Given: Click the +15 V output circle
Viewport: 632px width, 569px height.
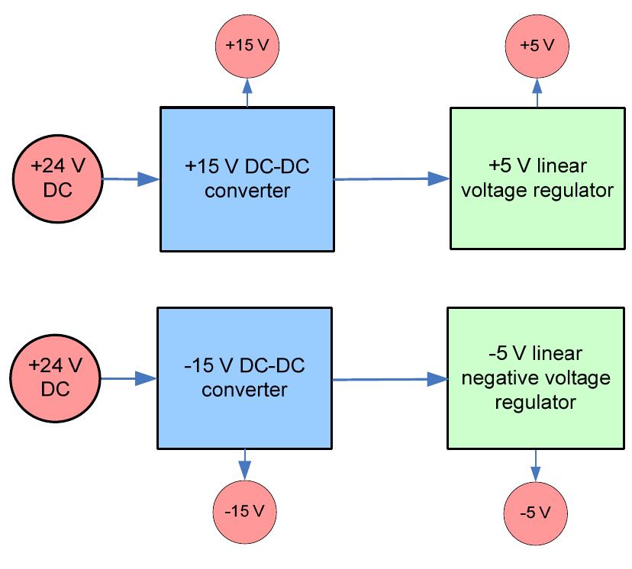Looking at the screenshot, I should tap(247, 45).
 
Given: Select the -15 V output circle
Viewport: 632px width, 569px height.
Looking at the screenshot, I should tap(244, 510).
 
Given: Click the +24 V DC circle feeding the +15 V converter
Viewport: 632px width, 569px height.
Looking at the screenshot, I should tap(57, 178).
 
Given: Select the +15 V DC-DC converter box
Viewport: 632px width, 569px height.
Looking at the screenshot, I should tap(247, 178).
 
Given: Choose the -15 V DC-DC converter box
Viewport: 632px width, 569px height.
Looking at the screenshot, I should tap(244, 378).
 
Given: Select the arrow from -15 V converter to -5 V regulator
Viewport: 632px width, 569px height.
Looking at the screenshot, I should tap(390, 379).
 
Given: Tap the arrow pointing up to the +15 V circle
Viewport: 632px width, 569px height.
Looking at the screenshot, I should tap(247, 91).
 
